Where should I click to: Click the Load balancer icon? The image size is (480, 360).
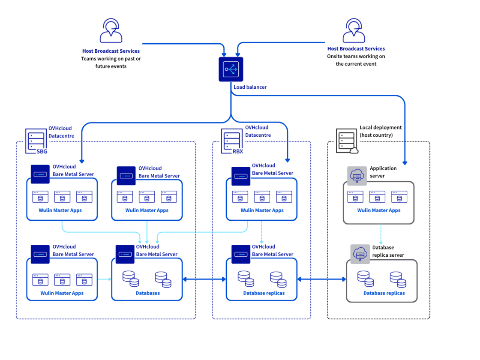(x=231, y=69)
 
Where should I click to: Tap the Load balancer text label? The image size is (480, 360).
(x=250, y=87)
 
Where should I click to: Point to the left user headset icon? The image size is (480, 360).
(x=111, y=30)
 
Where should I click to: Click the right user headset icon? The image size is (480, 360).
(x=354, y=30)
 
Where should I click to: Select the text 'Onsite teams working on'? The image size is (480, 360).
(x=356, y=56)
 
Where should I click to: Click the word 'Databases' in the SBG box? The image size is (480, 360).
(x=147, y=293)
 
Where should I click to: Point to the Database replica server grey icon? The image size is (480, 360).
(x=360, y=254)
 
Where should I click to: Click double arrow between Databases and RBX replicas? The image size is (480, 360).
(x=204, y=279)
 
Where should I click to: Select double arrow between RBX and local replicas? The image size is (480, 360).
(x=322, y=279)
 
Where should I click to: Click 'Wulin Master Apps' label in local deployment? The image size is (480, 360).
(x=379, y=210)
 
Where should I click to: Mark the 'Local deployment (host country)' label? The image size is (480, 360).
(x=380, y=131)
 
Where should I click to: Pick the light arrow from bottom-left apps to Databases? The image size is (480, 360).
(x=104, y=279)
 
